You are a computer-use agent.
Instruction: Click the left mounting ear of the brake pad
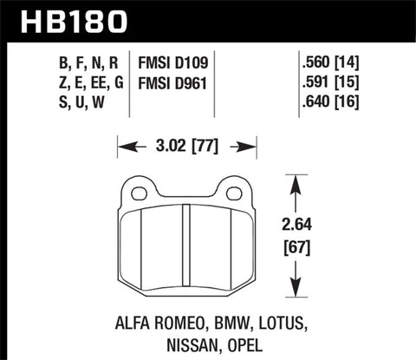[x=137, y=189]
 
